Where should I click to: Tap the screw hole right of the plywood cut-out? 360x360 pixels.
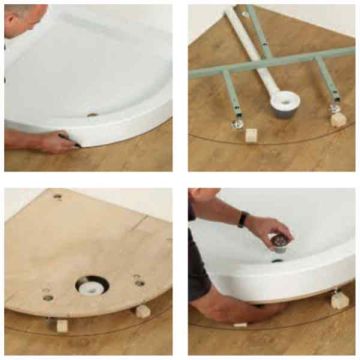tap(139, 282)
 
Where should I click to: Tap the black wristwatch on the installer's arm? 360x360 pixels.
tap(241, 219)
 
